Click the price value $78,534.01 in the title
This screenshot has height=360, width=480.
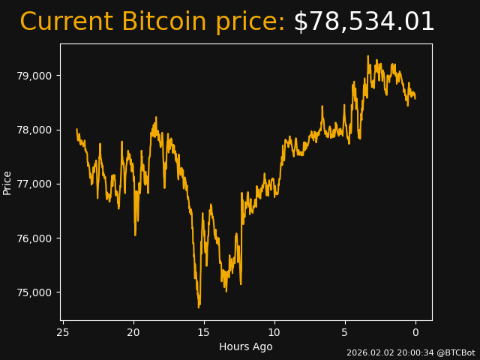pyautogui.click(x=364, y=22)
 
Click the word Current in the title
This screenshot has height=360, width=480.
pyautogui.click(x=66, y=22)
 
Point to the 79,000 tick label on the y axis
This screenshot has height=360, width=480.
pyautogui.click(x=34, y=76)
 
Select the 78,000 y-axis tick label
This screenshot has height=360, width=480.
pyautogui.click(x=34, y=130)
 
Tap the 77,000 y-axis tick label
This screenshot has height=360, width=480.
pyautogui.click(x=34, y=184)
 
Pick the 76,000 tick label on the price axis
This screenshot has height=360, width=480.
pyautogui.click(x=34, y=238)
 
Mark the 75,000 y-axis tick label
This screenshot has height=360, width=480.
pyautogui.click(x=34, y=292)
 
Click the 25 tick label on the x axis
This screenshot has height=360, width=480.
pyautogui.click(x=63, y=332)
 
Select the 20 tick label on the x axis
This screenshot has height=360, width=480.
pyautogui.click(x=133, y=332)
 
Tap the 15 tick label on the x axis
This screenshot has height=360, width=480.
pyautogui.click(x=204, y=332)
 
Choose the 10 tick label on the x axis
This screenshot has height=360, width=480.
pyautogui.click(x=274, y=332)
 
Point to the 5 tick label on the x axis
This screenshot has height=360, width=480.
pyautogui.click(x=345, y=332)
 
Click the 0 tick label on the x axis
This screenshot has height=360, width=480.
pyautogui.click(x=415, y=332)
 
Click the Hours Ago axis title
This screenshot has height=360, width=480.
pyautogui.click(x=245, y=346)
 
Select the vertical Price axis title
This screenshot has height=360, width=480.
pyautogui.click(x=7, y=182)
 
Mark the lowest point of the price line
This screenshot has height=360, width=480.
pyautogui.click(x=199, y=307)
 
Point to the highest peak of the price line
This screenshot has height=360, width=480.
pyautogui.click(x=368, y=55)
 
